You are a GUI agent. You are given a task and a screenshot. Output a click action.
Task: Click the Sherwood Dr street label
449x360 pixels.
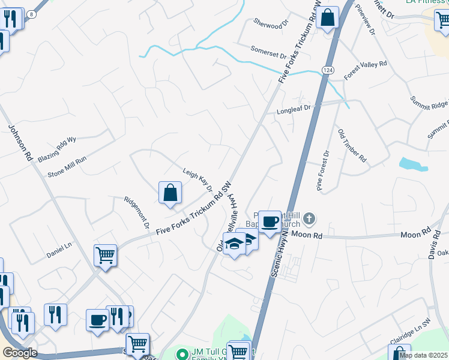(x=267, y=25)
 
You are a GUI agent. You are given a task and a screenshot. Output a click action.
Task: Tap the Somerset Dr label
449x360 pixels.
(x=268, y=52)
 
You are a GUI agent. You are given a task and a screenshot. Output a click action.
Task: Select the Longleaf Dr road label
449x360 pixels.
(x=295, y=110)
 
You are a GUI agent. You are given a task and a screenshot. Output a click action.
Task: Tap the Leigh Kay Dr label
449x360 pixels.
(x=197, y=179)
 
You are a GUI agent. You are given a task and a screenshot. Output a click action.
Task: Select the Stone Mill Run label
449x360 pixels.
(x=67, y=167)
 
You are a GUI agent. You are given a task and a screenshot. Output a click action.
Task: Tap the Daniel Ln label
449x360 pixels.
(x=59, y=254)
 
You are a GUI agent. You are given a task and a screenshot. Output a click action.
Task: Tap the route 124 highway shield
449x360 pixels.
(x=327, y=71)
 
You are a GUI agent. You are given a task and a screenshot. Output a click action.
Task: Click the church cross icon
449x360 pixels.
(x=309, y=218)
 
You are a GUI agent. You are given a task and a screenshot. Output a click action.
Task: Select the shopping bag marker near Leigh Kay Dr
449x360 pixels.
(x=170, y=193)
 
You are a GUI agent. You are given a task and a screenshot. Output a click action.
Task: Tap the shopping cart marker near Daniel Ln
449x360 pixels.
(x=106, y=255)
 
